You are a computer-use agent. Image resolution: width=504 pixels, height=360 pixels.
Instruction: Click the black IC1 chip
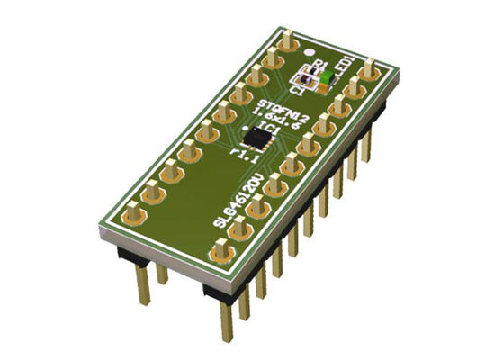[262, 138]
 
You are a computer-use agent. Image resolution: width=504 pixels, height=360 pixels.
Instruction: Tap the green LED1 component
[322, 79]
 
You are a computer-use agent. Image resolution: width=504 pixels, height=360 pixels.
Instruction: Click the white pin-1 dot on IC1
[255, 130]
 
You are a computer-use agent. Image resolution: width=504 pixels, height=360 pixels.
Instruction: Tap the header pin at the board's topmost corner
[287, 40]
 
